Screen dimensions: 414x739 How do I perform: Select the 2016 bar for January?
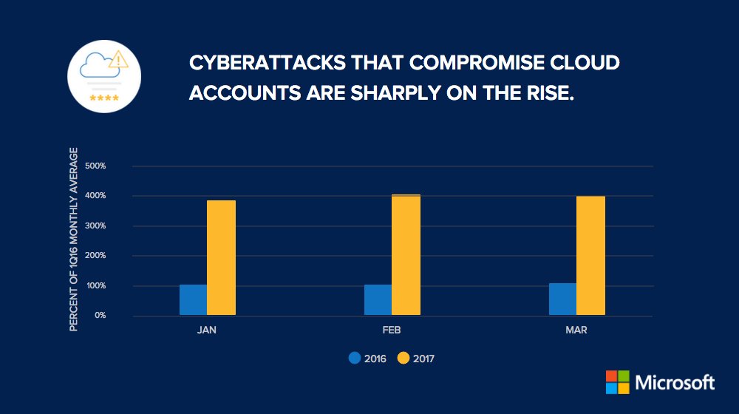click(193, 299)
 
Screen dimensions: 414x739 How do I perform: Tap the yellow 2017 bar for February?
click(406, 255)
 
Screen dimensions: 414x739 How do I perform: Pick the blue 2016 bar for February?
click(378, 299)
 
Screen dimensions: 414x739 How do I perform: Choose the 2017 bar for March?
click(590, 256)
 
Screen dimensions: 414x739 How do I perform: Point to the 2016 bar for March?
click(562, 299)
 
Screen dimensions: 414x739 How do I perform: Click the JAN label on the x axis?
click(207, 330)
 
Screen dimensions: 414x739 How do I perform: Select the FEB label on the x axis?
click(392, 330)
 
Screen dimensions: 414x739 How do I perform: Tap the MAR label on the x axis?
click(576, 330)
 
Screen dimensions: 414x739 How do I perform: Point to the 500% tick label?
click(96, 166)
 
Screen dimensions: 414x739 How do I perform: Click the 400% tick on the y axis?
click(96, 196)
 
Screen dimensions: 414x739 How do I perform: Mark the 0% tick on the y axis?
click(100, 316)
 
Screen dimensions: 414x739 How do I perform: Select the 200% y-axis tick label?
click(96, 256)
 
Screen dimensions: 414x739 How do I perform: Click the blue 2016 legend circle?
click(355, 359)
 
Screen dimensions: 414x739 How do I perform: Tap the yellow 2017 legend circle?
click(403, 359)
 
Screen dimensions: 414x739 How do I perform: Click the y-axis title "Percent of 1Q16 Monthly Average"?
click(74, 239)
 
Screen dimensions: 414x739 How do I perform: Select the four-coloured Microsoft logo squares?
click(618, 382)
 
